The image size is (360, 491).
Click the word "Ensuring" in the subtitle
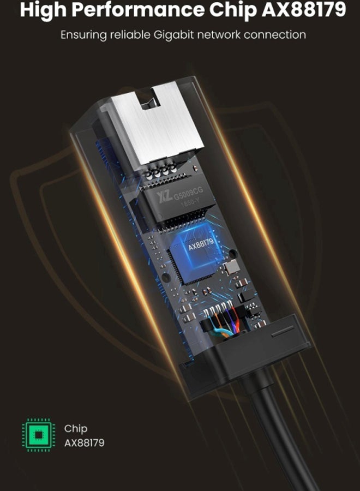(84, 35)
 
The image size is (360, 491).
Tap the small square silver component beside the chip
(231, 268)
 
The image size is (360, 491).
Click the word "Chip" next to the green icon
(75, 429)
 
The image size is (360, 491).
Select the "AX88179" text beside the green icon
(84, 442)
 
